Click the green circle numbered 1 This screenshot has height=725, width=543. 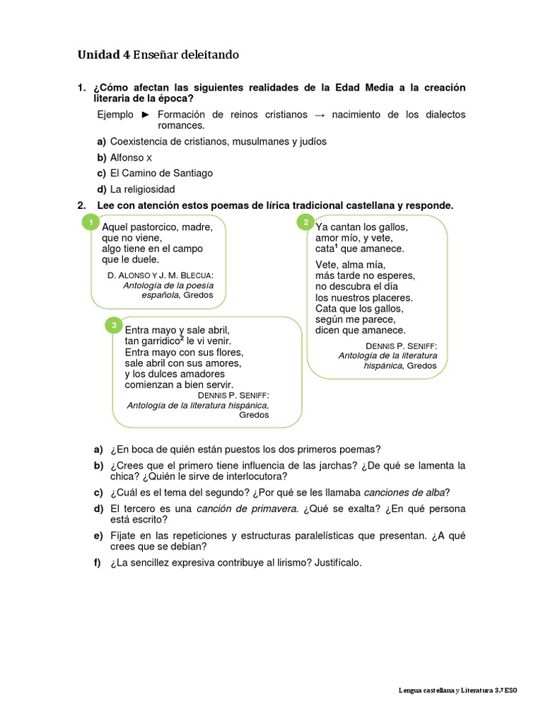click(90, 224)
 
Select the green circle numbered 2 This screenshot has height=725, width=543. click(305, 223)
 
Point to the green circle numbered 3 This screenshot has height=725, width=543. click(113, 326)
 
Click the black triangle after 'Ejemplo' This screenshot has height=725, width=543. click(145, 115)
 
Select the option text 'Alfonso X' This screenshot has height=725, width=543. click(132, 157)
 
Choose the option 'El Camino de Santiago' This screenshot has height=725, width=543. click(162, 173)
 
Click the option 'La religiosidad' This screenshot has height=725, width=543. click(143, 189)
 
